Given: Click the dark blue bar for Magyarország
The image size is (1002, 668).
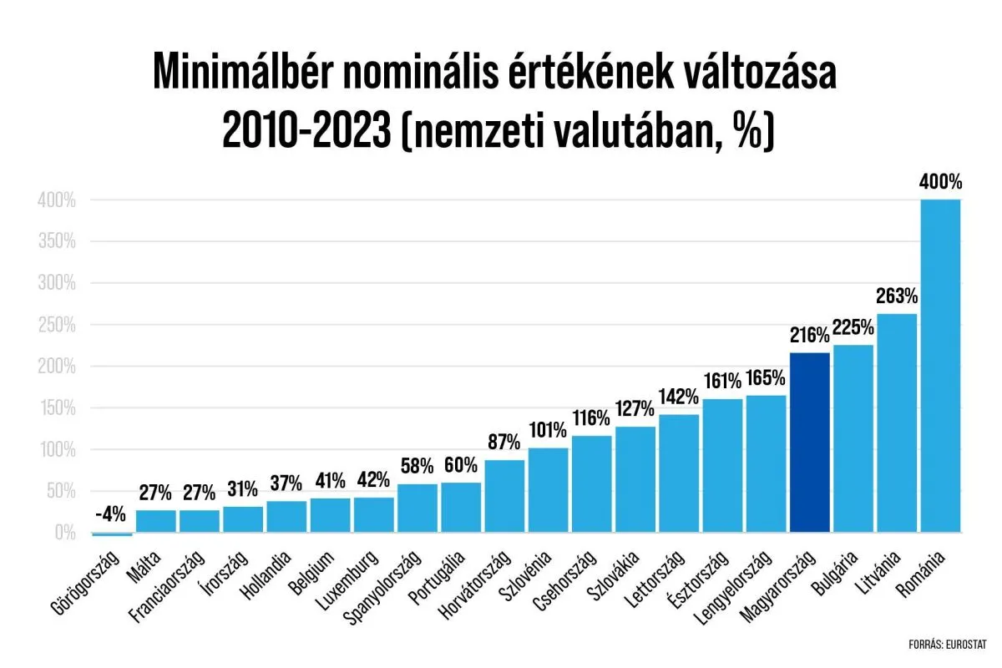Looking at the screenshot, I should [809, 443].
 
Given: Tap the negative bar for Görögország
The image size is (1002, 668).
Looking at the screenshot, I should [112, 534].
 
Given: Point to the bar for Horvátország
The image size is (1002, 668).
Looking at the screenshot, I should [504, 496].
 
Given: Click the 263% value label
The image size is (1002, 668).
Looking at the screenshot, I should [897, 296].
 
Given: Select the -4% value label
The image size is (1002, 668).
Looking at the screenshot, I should [112, 513].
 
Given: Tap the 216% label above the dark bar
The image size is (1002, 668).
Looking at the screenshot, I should [809, 336].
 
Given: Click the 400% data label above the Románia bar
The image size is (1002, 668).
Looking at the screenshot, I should [940, 182].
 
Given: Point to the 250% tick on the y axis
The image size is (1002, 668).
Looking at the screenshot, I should [56, 325].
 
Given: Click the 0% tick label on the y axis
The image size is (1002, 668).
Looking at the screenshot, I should [65, 532].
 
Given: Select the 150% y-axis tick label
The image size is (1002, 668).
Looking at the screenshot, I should [56, 408].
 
